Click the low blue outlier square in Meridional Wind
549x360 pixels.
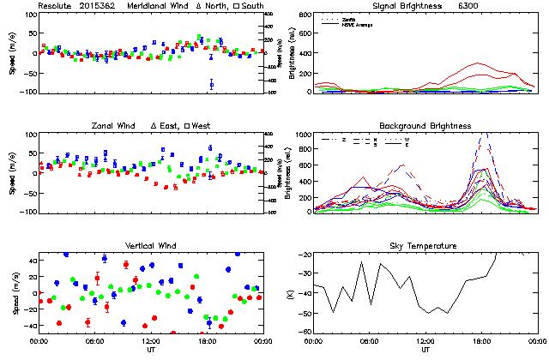point(211,84)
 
